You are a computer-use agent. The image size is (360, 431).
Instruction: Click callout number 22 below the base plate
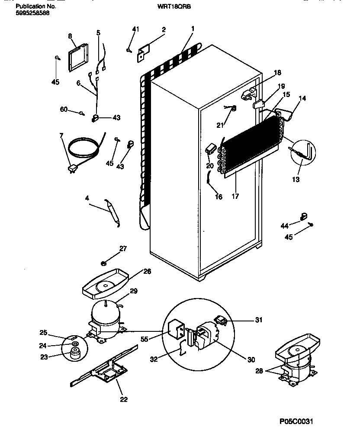point(124,399)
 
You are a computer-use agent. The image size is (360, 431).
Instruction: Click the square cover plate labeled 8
point(78,58)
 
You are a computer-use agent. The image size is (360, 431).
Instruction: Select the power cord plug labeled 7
point(72,169)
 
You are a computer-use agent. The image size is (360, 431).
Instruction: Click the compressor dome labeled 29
point(105,314)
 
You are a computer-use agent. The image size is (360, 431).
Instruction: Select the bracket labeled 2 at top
point(144,52)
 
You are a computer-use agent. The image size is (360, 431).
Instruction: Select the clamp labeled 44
point(303,215)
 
